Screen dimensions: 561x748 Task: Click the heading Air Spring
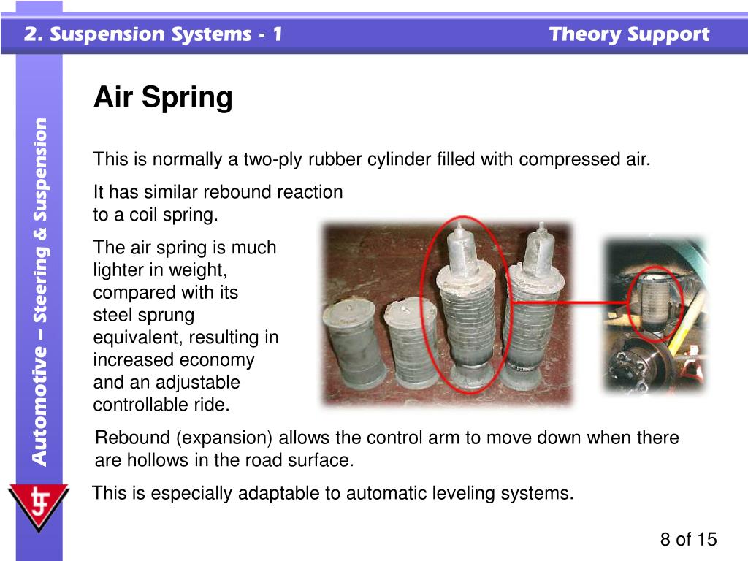tap(163, 97)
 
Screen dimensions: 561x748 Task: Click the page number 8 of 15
tap(688, 540)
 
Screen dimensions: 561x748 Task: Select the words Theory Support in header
tap(629, 34)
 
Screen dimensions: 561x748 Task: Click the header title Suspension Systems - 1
tap(153, 34)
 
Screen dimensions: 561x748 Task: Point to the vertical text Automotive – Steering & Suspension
tap(41, 292)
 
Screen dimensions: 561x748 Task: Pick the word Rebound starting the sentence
tap(132, 438)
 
